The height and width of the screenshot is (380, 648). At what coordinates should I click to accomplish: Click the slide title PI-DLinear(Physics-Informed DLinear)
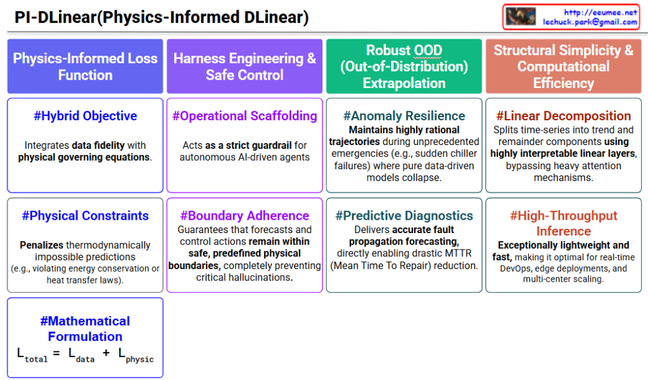[x=162, y=17]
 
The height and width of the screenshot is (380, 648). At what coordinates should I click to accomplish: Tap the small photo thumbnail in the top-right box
[x=521, y=16]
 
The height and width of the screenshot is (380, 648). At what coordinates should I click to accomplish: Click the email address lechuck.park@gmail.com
[x=590, y=22]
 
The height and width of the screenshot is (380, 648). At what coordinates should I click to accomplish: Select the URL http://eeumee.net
[x=600, y=13]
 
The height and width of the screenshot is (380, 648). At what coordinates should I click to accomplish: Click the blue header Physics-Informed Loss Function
[x=85, y=66]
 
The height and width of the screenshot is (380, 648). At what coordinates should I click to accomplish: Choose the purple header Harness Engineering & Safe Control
[x=245, y=66]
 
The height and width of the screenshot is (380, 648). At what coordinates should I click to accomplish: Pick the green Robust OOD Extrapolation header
[x=404, y=66]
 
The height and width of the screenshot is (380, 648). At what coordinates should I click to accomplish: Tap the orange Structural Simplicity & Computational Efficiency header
[x=563, y=66]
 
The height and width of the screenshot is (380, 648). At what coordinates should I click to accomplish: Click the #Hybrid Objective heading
[x=85, y=116]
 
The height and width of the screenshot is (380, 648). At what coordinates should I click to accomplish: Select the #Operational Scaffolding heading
[x=245, y=116]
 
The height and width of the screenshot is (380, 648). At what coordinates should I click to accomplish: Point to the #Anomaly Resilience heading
[x=404, y=116]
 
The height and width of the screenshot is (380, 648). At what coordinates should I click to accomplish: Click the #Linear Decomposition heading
[x=563, y=116]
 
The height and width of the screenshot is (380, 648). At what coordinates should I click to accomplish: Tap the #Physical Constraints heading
[x=85, y=215]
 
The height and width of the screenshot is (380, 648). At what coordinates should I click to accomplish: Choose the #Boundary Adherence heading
[x=245, y=215]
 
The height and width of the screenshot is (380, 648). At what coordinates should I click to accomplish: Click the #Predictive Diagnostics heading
[x=404, y=215]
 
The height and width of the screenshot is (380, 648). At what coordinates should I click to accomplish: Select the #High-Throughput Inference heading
[x=563, y=224]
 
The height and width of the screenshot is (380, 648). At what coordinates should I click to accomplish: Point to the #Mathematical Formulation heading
[x=85, y=329]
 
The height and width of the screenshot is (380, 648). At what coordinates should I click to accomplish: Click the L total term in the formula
[x=32, y=355]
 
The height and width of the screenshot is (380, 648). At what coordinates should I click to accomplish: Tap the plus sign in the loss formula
[x=106, y=353]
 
